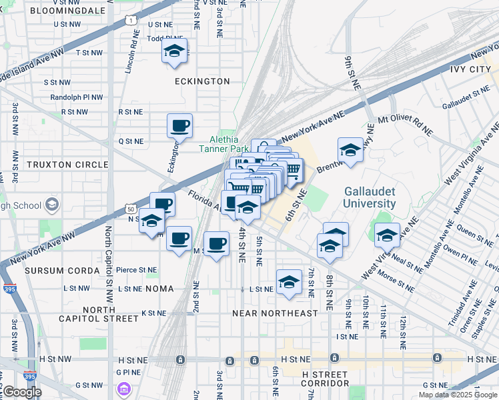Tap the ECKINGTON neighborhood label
[x=202, y=81]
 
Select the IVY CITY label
[x=470, y=69]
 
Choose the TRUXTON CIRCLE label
[x=67, y=164]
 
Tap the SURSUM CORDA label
[x=53, y=271]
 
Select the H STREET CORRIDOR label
[x=325, y=379]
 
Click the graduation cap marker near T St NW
[x=175, y=51]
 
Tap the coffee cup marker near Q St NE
[x=180, y=125]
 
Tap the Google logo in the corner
[x=22, y=392]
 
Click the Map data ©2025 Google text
[x=457, y=395]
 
